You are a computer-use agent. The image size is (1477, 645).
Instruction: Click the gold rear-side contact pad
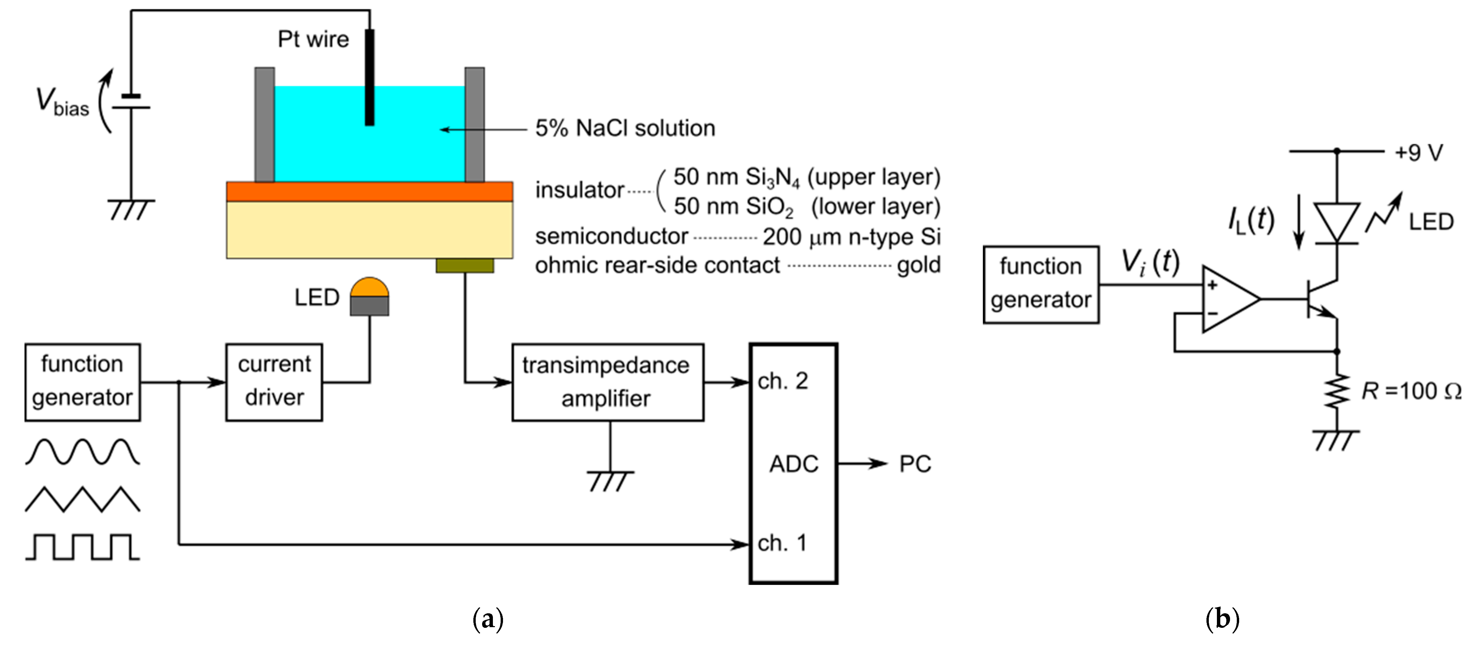click(x=465, y=265)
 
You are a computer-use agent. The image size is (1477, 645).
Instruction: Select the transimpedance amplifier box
click(x=607, y=382)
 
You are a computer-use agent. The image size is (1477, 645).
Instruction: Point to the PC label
click(x=914, y=464)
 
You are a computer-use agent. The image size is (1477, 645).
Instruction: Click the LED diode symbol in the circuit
click(x=1337, y=223)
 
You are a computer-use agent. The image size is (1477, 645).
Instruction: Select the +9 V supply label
click(x=1418, y=153)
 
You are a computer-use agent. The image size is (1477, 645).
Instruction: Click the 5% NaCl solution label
click(x=625, y=128)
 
